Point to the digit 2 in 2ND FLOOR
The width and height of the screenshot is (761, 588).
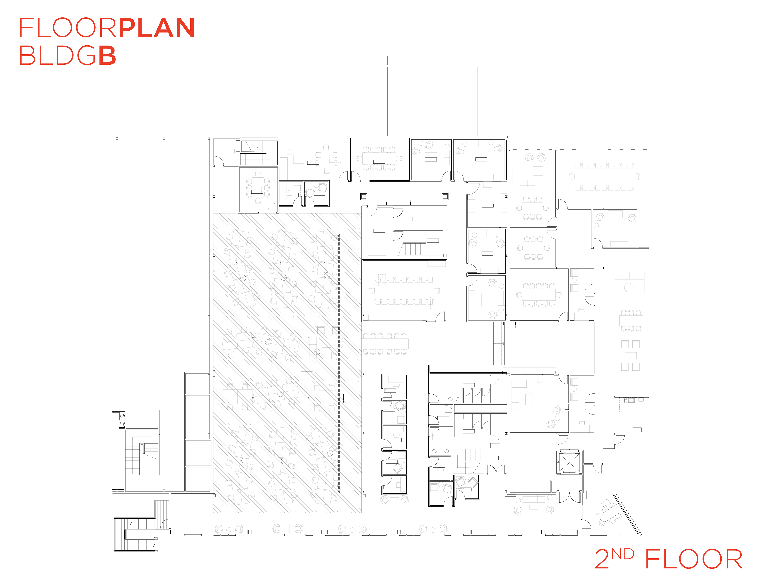[x=602, y=559]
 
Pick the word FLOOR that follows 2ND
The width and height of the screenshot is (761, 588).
[x=694, y=559]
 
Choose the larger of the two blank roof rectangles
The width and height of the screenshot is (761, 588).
[x=311, y=97]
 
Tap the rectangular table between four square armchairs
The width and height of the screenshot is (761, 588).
[x=631, y=356]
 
